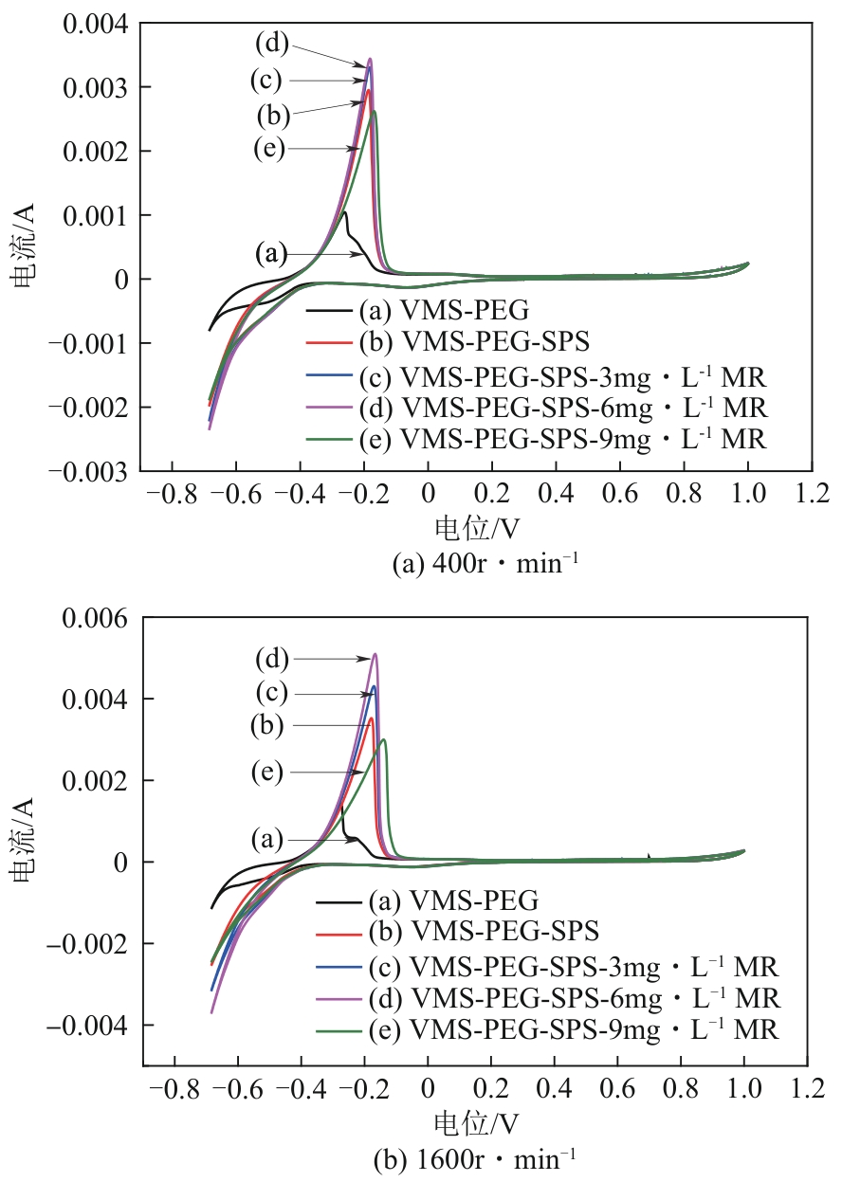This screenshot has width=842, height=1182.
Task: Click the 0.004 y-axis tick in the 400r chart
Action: (97, 23)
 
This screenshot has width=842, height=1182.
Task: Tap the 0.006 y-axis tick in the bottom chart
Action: (97, 618)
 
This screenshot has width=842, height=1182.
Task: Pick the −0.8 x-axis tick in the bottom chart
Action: (168, 1085)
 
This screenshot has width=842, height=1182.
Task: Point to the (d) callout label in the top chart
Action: (271, 43)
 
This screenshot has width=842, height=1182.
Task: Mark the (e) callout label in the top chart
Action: (269, 149)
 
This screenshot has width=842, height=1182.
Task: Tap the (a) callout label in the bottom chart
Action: (267, 840)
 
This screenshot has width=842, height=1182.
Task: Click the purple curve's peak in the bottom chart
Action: (375, 654)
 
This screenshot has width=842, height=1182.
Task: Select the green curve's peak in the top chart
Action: (375, 112)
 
